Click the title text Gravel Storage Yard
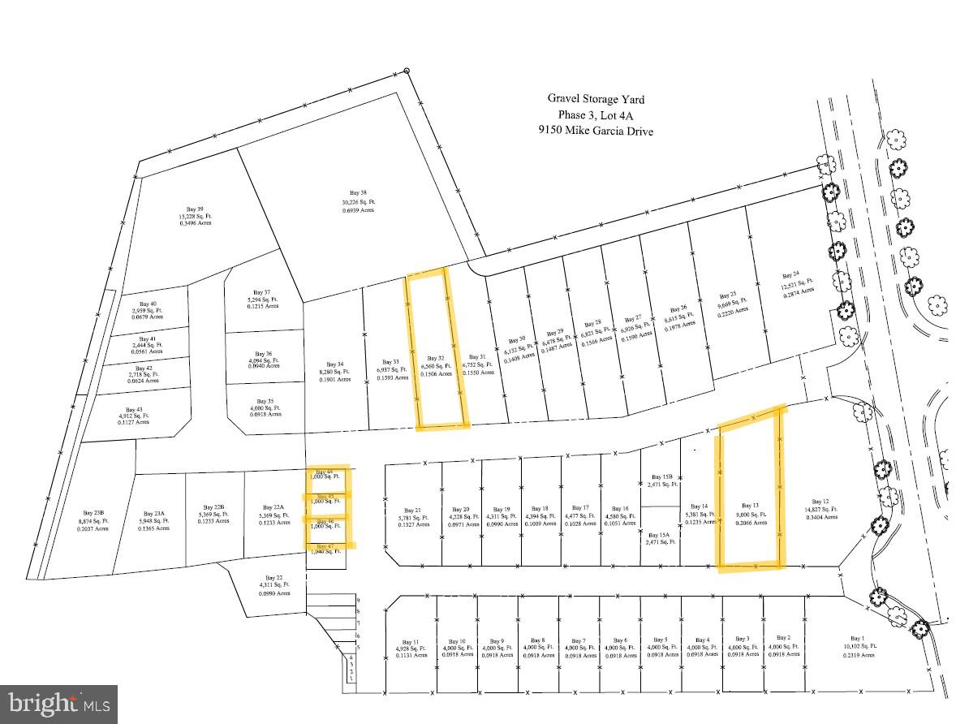596,99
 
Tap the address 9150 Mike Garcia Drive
596,130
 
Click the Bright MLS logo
59,704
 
